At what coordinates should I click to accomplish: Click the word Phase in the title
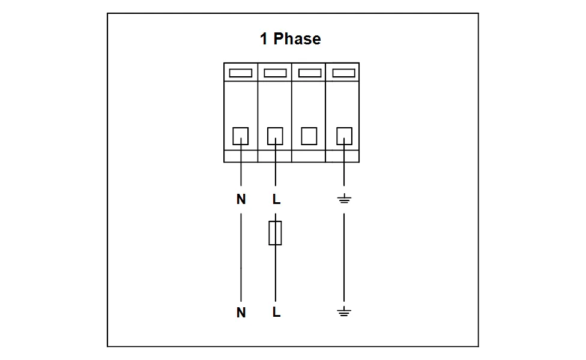tap(297, 39)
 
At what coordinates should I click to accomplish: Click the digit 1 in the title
tap(264, 39)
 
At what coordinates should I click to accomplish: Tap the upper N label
tap(241, 200)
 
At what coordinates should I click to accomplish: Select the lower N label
tap(241, 313)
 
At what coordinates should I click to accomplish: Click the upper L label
tap(276, 200)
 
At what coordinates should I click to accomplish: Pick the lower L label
tap(276, 313)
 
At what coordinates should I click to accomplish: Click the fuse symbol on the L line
tap(275, 233)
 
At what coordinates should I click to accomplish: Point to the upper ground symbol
tap(343, 199)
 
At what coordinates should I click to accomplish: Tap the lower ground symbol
tap(343, 311)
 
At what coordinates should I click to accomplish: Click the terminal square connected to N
tap(241, 136)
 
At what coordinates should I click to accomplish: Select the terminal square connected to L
tap(275, 136)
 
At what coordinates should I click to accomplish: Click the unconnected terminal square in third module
tap(309, 136)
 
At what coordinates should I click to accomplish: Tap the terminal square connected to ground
tap(343, 136)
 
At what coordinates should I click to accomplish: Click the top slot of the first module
tap(241, 73)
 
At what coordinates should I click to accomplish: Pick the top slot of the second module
tap(275, 73)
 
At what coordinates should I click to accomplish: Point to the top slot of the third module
tap(309, 73)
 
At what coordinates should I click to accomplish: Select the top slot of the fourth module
tap(343, 73)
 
